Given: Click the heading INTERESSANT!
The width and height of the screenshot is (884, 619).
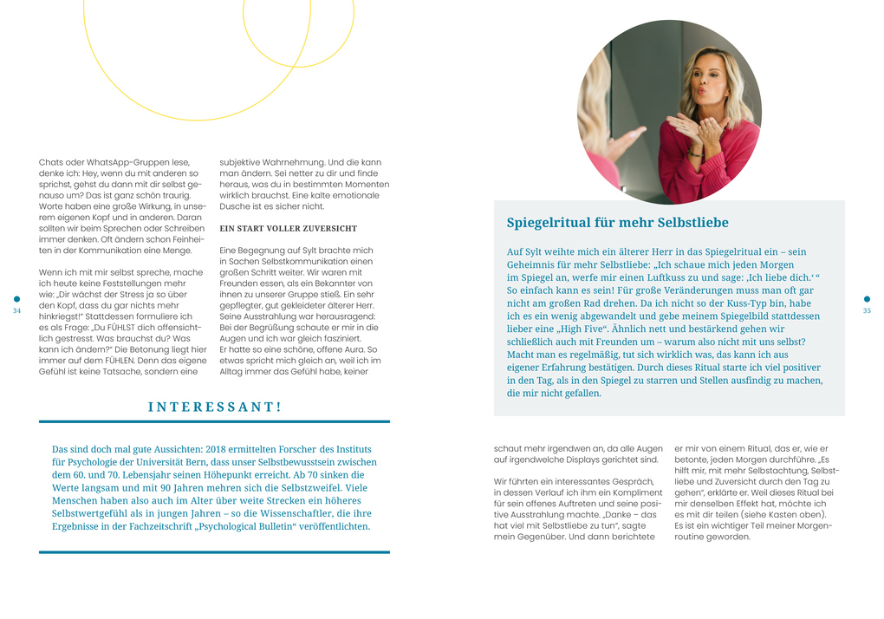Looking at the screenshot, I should click(x=214, y=406).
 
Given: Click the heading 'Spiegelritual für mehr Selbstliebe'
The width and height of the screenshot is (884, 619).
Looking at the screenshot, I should click(x=617, y=223).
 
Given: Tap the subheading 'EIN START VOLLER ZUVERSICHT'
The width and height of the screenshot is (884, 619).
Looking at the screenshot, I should click(x=288, y=228).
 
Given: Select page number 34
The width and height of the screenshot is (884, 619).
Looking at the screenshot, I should click(x=16, y=311).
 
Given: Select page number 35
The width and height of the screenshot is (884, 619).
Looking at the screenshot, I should click(x=867, y=311).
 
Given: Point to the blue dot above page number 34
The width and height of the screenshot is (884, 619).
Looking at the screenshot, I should click(x=16, y=299).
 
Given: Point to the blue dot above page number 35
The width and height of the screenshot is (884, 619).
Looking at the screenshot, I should click(x=867, y=299).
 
